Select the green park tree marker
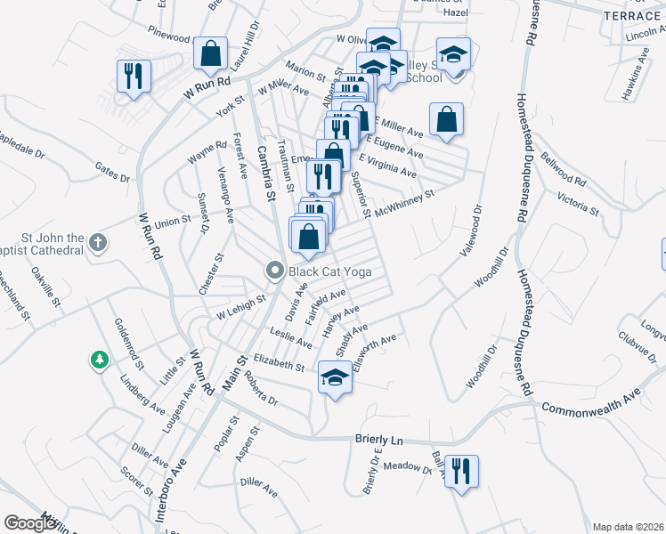98,360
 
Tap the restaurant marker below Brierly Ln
461,471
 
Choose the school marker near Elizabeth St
335,378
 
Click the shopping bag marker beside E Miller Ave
446,119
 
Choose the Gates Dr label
113,172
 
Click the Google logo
30,524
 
